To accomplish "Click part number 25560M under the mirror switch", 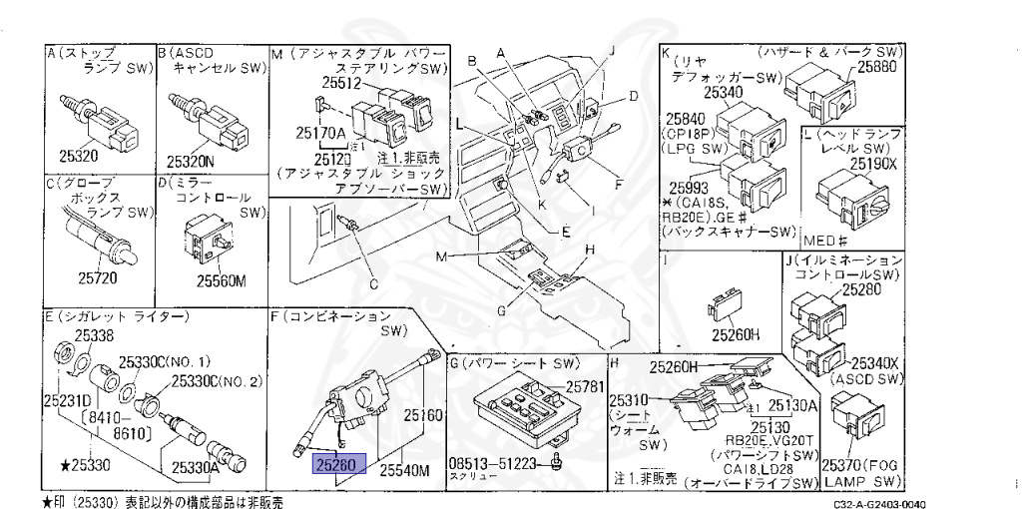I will tap(221, 279).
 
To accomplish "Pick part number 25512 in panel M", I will tap(342, 85).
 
